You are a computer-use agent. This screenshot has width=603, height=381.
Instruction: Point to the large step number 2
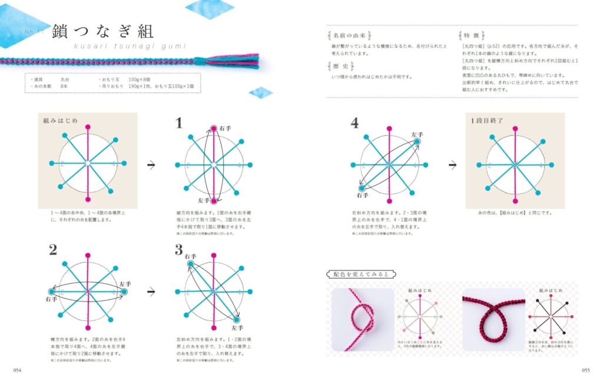point(53,250)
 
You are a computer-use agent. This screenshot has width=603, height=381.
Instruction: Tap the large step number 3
point(179,250)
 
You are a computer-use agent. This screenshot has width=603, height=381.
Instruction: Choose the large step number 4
point(354,122)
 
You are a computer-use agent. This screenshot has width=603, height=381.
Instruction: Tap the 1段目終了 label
point(486,120)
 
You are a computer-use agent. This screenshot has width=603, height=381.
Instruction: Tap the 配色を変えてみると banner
point(362,274)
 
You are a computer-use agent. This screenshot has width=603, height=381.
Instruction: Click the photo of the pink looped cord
point(363,319)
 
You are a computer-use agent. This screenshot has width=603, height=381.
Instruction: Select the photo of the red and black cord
point(493,319)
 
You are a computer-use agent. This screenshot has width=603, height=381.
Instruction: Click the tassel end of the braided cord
point(246,60)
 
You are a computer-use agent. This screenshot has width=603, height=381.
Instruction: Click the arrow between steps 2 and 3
point(151,291)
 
